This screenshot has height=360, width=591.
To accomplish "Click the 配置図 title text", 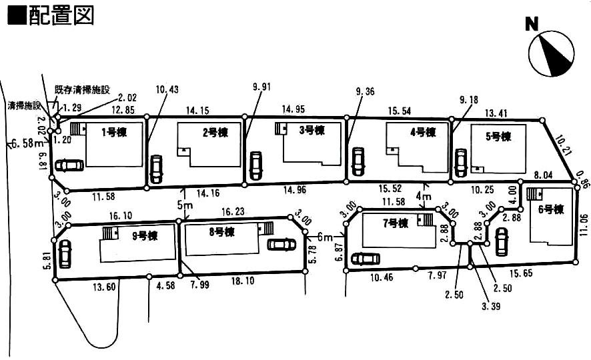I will [51, 15].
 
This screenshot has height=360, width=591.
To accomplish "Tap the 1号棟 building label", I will [113, 131].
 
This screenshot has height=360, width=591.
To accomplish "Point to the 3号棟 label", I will [312, 130].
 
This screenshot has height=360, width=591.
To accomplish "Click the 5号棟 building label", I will [498, 137].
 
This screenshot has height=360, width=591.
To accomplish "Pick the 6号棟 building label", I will [550, 209].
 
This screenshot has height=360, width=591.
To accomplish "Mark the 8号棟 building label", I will [221, 232].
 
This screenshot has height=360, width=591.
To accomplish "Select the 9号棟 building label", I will [144, 235].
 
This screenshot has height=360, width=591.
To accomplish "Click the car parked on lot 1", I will [69, 165].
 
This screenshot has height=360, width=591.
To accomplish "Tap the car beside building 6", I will [501, 241].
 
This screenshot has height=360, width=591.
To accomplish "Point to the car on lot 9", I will [65, 254].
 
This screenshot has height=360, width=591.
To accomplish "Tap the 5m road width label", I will [186, 205].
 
